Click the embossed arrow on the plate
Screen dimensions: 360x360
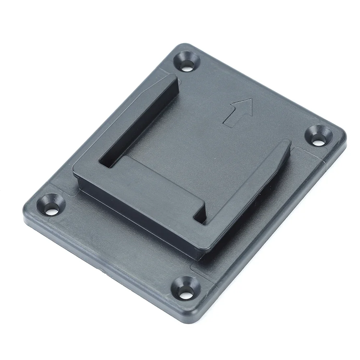238,112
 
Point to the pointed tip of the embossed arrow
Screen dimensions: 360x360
249,100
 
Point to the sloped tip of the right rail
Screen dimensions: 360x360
286,144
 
